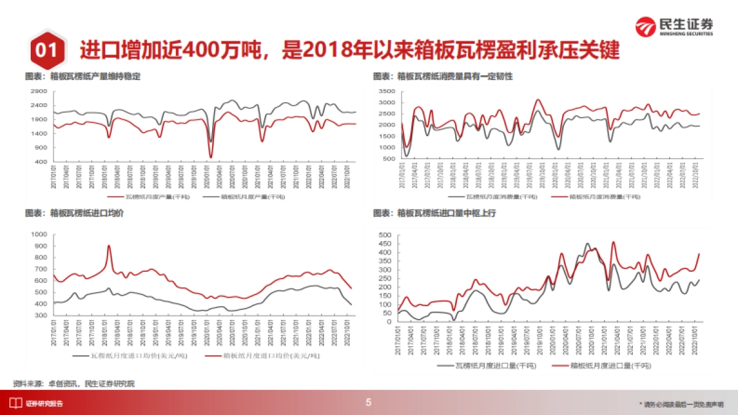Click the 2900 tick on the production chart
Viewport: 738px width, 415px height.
pyautogui.click(x=39, y=91)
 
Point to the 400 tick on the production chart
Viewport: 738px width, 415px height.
pyautogui.click(x=41, y=162)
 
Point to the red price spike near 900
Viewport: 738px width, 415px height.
pyautogui.click(x=109, y=247)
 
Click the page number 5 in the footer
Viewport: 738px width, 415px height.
pyautogui.click(x=368, y=403)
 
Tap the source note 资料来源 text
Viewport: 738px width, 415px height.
pyautogui.click(x=74, y=384)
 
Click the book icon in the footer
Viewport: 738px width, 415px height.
pyautogui.click(x=14, y=403)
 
